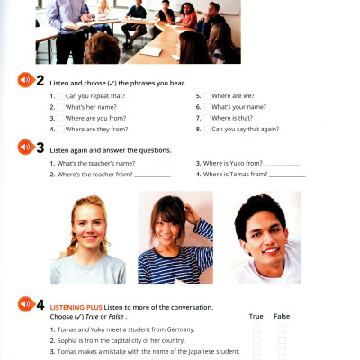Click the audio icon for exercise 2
point(25,80)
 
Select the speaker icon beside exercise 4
point(25,304)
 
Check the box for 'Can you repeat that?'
point(58,94)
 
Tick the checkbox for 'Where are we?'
point(206,94)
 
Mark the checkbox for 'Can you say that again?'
point(206,129)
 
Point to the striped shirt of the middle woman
point(175,265)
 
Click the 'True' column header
point(256,317)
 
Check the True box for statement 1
point(256,329)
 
